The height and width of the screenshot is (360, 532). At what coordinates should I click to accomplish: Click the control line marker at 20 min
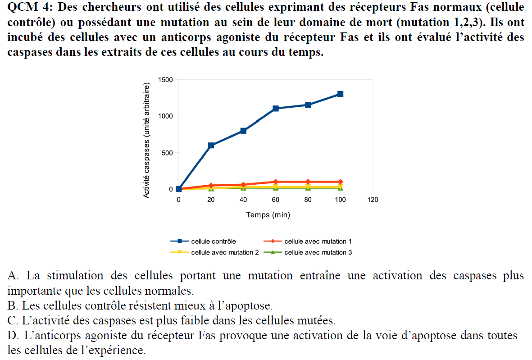click(211, 145)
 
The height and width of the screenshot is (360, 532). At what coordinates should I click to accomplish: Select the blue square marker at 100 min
click(340, 94)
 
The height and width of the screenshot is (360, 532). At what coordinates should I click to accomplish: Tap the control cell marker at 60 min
click(276, 108)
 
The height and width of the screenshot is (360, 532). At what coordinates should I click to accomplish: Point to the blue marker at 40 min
click(243, 131)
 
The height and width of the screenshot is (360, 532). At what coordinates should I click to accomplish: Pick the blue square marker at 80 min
click(308, 105)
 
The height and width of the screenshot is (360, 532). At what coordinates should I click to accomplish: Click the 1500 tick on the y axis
click(165, 80)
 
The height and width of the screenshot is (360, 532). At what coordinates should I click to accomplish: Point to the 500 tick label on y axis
click(167, 153)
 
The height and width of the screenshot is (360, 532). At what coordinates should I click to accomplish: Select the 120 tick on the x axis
click(373, 200)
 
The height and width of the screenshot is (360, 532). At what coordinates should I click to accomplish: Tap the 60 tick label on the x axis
click(276, 200)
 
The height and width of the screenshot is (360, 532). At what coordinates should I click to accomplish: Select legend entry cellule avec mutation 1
click(318, 242)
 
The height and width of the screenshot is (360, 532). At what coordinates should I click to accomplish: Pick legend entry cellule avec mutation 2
click(225, 252)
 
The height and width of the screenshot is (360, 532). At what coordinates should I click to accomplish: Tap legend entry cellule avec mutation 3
click(318, 252)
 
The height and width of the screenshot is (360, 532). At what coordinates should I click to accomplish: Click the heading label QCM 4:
click(28, 8)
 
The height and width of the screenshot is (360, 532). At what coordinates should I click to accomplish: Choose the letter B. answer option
click(12, 306)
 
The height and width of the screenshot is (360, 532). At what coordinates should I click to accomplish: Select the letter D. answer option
click(13, 336)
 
